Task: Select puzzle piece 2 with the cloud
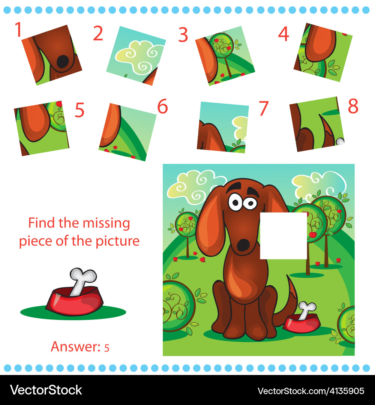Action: (x=136, y=55)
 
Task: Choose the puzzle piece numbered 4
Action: (x=323, y=52)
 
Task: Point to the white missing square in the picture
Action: (x=283, y=235)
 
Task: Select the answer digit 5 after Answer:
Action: (x=107, y=348)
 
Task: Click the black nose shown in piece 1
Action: (x=63, y=61)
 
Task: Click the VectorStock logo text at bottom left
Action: (x=46, y=390)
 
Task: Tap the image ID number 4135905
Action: (x=342, y=391)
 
